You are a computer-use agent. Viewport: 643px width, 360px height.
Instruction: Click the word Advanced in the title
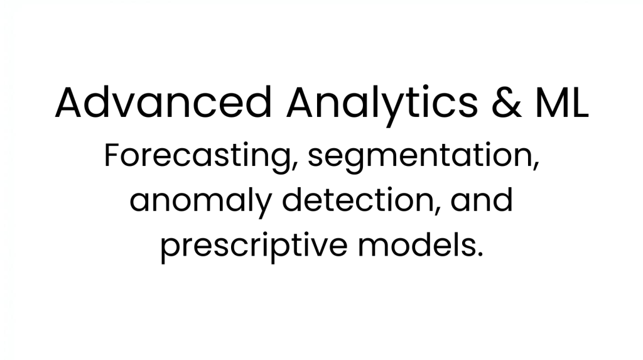[163, 102]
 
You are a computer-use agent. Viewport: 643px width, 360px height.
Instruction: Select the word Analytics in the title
[382, 106]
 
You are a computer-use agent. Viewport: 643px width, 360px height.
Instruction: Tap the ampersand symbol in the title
[507, 102]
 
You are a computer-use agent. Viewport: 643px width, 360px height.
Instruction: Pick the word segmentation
[423, 158]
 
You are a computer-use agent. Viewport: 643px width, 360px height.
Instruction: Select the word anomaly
[201, 202]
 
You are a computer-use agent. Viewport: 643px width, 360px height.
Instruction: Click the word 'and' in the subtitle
[482, 200]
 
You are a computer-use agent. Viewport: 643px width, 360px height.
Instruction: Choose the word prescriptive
[254, 247]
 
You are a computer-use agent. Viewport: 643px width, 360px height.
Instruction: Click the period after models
[480, 254]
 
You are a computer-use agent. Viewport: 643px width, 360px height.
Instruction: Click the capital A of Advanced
[70, 102]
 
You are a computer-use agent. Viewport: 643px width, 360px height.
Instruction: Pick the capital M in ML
[553, 102]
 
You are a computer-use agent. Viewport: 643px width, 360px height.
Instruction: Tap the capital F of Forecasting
[113, 155]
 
